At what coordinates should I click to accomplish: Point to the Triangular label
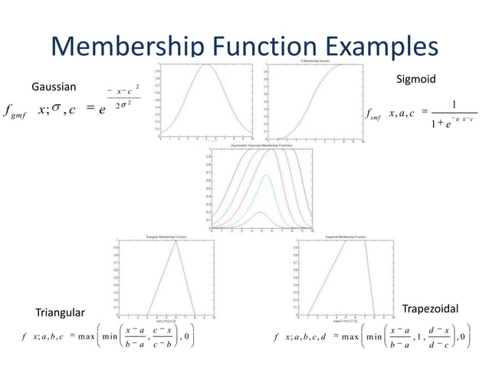point(61,312)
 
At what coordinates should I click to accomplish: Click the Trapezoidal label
point(430,308)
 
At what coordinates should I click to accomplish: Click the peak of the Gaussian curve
point(208,64)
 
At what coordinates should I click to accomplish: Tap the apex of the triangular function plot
point(176,241)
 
